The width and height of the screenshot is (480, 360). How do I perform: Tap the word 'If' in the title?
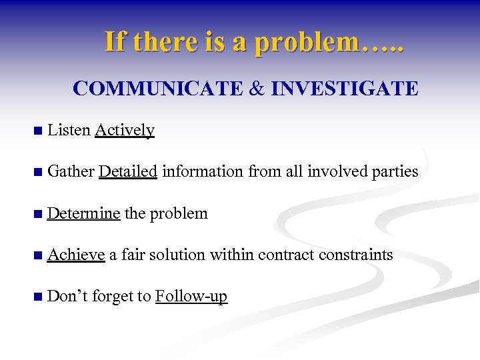[x=115, y=42]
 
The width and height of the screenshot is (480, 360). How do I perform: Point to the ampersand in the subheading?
[x=249, y=88]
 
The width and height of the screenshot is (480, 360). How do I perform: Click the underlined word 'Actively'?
[x=125, y=130]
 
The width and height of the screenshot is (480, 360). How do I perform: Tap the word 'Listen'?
[x=69, y=130]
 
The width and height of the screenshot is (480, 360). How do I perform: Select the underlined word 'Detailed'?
[x=127, y=171]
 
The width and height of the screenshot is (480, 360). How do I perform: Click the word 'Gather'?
[x=71, y=171]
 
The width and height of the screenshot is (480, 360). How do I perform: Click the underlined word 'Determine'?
[x=84, y=213]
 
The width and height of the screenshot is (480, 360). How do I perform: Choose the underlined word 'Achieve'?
[x=77, y=255]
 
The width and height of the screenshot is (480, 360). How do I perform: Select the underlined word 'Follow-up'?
[x=191, y=296]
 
